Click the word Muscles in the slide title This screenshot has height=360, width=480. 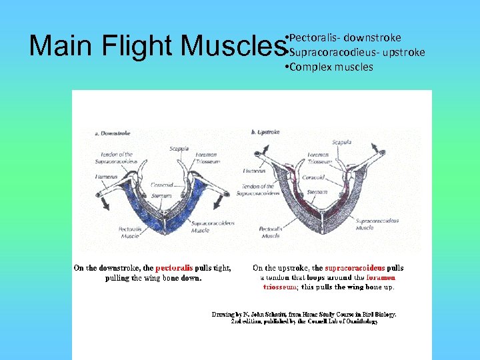point(233,46)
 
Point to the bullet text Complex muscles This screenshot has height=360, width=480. point(331,67)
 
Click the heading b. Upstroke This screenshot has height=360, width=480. point(265,133)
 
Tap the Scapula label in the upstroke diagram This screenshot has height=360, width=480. point(341,142)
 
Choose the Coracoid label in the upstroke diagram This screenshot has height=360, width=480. point(314,178)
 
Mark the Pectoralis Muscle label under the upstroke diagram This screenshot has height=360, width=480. point(271,232)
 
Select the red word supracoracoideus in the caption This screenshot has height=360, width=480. point(355,268)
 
